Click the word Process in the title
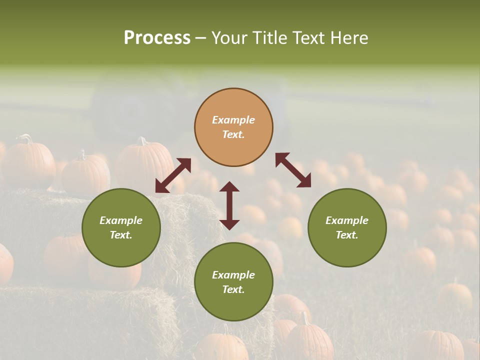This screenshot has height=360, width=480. [x=157, y=38]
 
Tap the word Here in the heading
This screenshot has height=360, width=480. [x=349, y=38]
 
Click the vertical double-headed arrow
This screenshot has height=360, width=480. [x=229, y=205]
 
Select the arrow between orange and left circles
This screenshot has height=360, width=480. [x=173, y=175]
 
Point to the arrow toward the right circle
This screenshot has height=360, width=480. [x=293, y=170]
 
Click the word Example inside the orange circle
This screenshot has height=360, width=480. [x=233, y=120]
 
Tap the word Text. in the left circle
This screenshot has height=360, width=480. [x=121, y=235]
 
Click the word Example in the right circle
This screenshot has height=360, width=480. [x=347, y=220]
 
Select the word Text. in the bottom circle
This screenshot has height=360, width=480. [x=233, y=289]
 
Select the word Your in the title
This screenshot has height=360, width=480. [x=229, y=38]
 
